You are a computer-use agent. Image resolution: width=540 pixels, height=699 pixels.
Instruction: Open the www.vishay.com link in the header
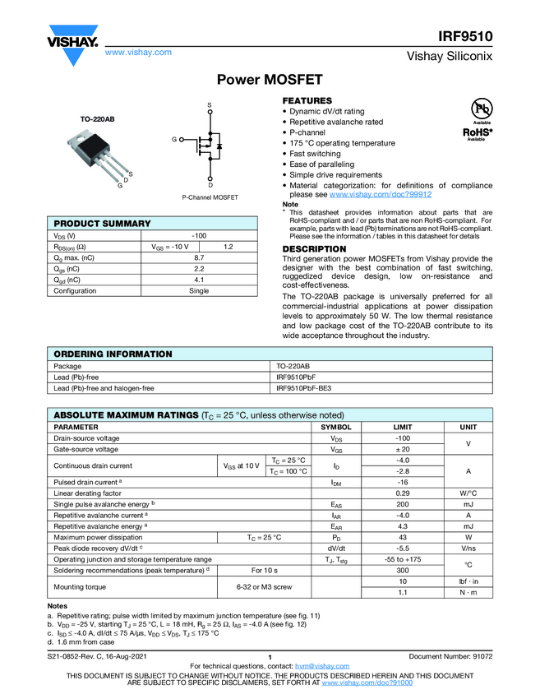coord(138,52)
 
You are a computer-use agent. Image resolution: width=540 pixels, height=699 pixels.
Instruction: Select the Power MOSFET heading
coord(270,80)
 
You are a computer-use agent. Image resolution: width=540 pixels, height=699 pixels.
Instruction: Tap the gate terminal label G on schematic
coord(174,140)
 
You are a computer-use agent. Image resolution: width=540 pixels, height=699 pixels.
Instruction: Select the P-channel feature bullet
coord(307,132)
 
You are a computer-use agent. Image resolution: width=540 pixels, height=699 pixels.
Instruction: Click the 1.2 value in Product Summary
coord(228,247)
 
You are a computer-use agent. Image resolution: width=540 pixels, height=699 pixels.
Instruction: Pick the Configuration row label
coord(75,291)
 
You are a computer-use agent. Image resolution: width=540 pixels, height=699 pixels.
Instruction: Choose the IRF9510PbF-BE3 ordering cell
coord(304,388)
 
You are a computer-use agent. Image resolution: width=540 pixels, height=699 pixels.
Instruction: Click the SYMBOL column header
coord(335,428)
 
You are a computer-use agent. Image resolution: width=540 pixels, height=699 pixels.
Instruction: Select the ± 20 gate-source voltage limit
coord(403,450)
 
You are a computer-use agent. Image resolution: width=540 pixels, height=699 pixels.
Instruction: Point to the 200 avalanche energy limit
coord(403,503)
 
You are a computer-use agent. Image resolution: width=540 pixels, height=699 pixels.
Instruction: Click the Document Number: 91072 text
coord(450,656)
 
